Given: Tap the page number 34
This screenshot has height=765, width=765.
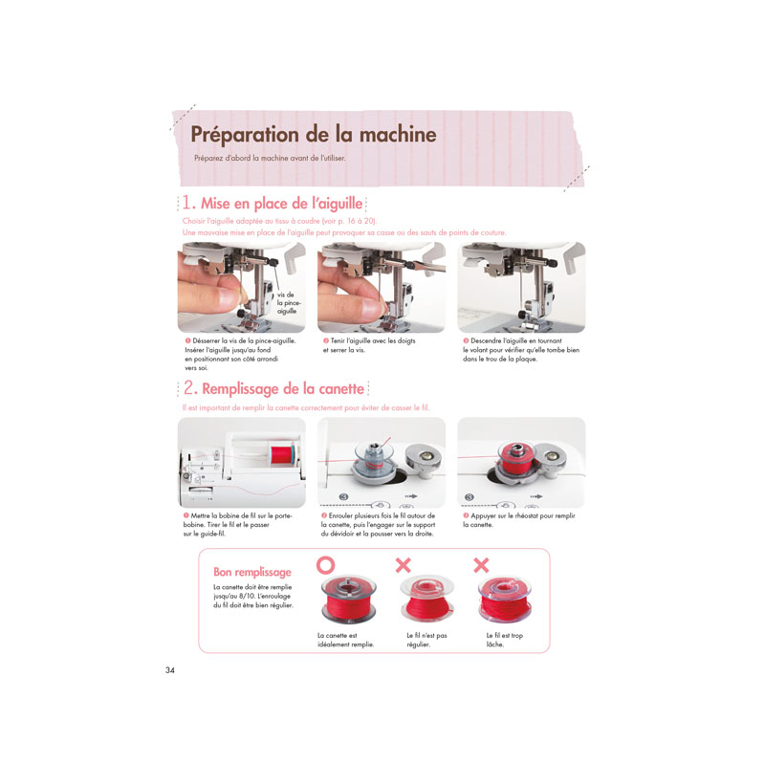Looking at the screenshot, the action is pos(170,670).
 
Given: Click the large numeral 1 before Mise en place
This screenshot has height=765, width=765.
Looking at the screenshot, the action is pos(186,202).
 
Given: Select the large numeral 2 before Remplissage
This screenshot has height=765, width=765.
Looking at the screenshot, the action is pos(189,388).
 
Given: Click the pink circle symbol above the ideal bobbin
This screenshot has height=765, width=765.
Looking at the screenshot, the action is pos(325,565).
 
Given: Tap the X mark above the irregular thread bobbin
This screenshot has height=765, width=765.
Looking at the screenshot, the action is pos(403,565).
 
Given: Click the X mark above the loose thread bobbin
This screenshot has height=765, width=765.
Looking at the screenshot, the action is pos(481,565).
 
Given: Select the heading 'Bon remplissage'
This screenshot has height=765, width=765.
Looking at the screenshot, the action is pos(252,572).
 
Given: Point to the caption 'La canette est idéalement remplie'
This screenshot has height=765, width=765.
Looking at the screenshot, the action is pos(345,640).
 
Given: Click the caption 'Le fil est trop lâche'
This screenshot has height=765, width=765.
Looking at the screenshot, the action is pos(505,640).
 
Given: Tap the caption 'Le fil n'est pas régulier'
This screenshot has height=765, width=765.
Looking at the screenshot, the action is pos(426,640).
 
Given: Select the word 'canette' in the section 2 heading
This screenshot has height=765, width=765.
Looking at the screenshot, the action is pos(341,389).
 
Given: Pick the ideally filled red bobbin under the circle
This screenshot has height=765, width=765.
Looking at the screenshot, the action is pos(348,600).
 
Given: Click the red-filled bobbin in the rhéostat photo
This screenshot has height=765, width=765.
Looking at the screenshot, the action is pos(516,461).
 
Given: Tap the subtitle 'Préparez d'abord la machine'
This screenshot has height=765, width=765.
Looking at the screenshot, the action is pos(270,158).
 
